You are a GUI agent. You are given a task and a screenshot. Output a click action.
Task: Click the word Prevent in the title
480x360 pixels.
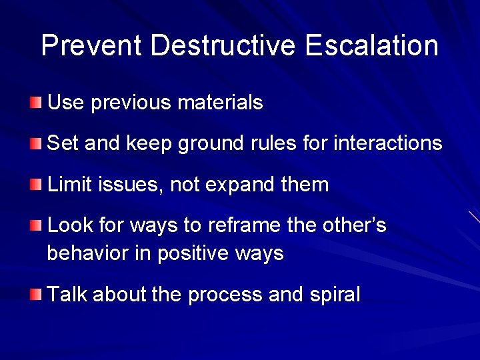(x=91, y=46)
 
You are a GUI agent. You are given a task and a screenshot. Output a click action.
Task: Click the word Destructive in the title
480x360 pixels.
(x=223, y=46)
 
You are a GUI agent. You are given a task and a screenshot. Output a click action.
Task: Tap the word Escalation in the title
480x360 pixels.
(x=372, y=46)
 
